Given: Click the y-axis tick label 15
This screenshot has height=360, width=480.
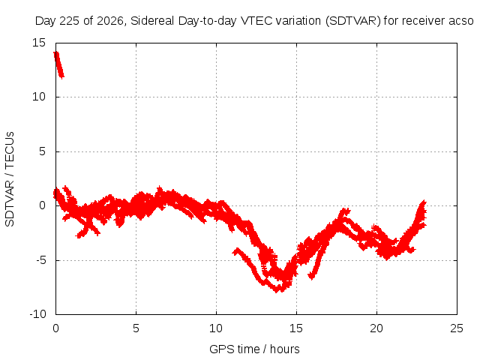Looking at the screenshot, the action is pyautogui.click(x=39, y=43).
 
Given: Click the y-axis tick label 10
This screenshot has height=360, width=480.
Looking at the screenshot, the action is pyautogui.click(x=39, y=97).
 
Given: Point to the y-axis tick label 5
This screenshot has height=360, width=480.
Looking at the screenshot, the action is pyautogui.click(x=42, y=151).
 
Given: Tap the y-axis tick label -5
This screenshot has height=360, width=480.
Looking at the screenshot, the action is pyautogui.click(x=40, y=260).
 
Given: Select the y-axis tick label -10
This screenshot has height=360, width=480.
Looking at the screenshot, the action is pyautogui.click(x=37, y=314).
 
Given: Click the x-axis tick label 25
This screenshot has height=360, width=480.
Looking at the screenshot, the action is pyautogui.click(x=457, y=328).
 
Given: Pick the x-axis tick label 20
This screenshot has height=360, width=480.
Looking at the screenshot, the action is pyautogui.click(x=376, y=328).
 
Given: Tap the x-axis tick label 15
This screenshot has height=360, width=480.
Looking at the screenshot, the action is pyautogui.click(x=296, y=328).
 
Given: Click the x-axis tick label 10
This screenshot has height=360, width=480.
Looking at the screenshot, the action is pyautogui.click(x=216, y=328).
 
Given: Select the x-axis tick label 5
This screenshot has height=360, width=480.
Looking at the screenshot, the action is pyautogui.click(x=136, y=328).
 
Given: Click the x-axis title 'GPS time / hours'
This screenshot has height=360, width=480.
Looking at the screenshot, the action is pyautogui.click(x=254, y=349).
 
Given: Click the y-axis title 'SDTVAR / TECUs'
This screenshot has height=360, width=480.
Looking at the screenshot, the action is pyautogui.click(x=10, y=179).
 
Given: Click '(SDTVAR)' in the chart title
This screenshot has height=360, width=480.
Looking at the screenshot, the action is pyautogui.click(x=353, y=21).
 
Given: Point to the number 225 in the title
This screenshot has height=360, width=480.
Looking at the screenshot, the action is pyautogui.click(x=70, y=21).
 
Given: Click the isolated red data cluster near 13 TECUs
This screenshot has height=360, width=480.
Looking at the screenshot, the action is pyautogui.click(x=58, y=65).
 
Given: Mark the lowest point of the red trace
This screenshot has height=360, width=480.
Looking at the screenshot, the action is pyautogui.click(x=277, y=292).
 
